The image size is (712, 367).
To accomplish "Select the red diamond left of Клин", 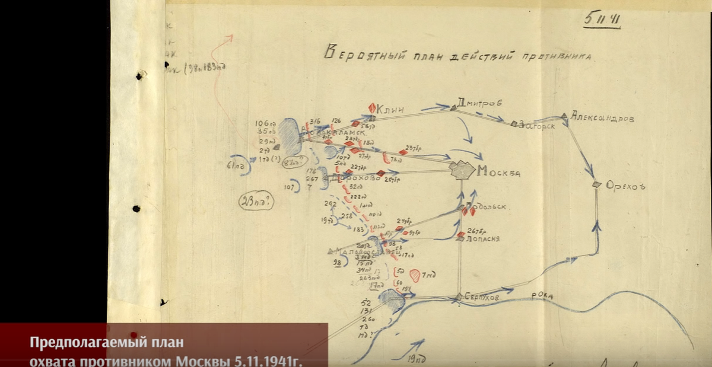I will point(372,108).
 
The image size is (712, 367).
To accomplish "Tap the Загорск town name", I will point(540,125).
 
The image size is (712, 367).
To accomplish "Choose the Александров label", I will point(602,118).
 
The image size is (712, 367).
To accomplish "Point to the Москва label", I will point(498,173).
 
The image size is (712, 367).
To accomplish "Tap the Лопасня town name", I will point(483,238).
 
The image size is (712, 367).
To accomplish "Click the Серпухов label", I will point(482,296).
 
